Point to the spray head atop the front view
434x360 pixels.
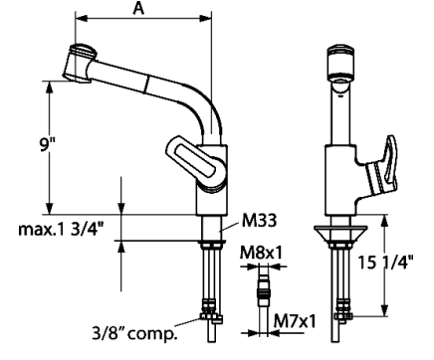coord(341,59)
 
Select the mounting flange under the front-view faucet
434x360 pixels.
coord(341,232)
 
